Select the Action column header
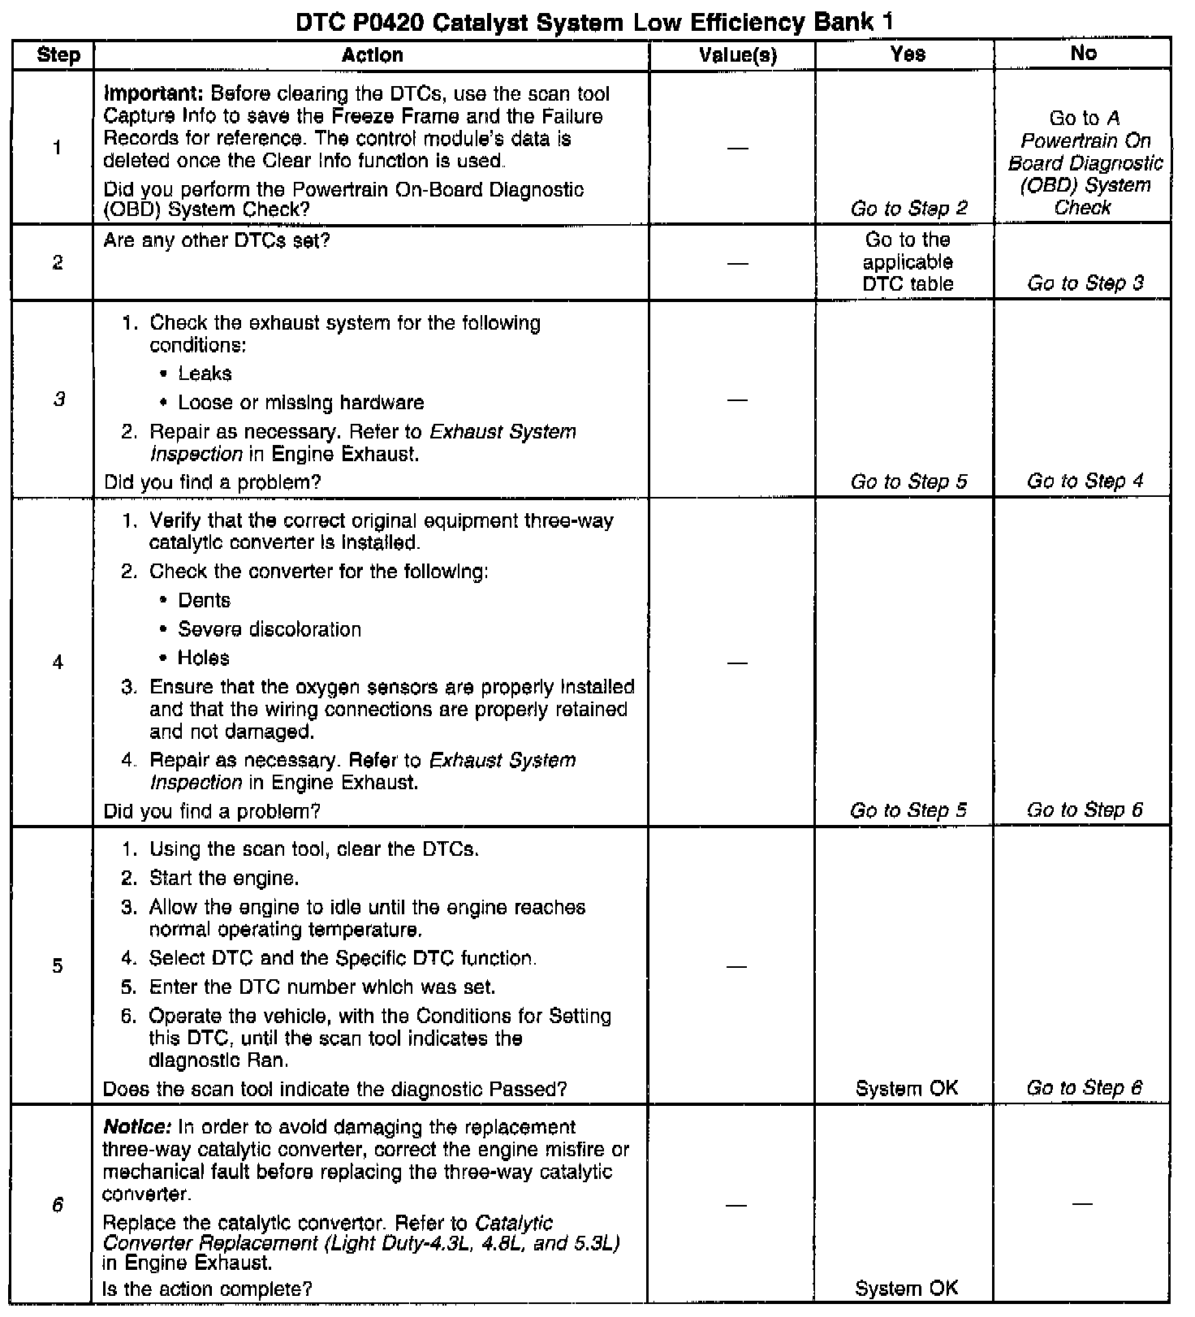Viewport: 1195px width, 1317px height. (x=372, y=55)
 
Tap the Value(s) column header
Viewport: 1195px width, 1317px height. (x=737, y=55)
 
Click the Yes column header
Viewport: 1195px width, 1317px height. (x=907, y=54)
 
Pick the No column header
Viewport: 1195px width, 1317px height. (x=1083, y=54)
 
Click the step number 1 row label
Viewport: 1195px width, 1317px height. (x=57, y=148)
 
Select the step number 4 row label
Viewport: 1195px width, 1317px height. (x=57, y=662)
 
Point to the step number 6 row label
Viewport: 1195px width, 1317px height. (x=57, y=1205)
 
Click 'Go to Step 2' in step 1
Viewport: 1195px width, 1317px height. (x=908, y=209)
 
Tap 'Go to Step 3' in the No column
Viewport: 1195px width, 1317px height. (x=1085, y=283)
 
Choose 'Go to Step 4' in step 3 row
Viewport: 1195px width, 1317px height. (x=1085, y=481)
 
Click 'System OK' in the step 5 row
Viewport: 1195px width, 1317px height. (x=907, y=1088)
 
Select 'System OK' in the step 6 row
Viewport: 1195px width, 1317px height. (x=907, y=1288)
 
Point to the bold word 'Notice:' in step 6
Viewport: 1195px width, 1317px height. (x=137, y=1128)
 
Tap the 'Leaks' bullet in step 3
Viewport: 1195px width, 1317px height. (x=205, y=374)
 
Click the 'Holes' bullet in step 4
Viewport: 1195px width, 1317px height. (x=203, y=658)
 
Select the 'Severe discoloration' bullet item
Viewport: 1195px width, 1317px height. (x=269, y=629)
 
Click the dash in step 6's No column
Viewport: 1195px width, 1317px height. (x=1082, y=1204)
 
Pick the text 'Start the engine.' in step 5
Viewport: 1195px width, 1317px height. (x=224, y=879)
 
